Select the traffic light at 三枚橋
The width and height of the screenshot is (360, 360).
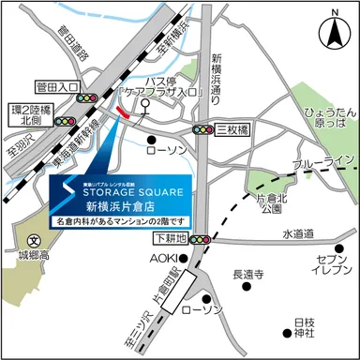202,129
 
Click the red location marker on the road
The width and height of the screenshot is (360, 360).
124,112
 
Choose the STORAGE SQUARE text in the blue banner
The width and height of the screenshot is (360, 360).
130,185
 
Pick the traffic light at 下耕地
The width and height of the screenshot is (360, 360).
200,240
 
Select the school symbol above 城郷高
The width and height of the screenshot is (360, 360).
34,240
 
